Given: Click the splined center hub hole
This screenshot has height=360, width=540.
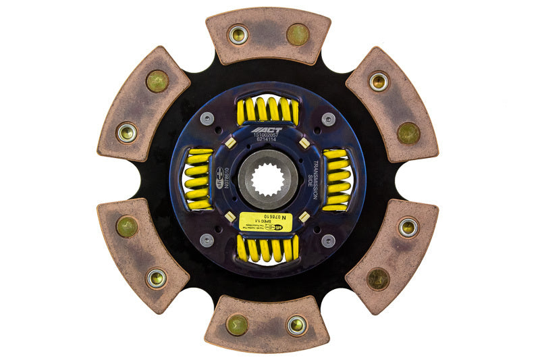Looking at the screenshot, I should [x=268, y=180].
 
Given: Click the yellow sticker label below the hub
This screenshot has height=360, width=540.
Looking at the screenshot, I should [x=266, y=222].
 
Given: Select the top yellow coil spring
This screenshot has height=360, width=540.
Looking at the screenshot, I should [x=268, y=109].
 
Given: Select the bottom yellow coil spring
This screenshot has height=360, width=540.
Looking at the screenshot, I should [x=268, y=250].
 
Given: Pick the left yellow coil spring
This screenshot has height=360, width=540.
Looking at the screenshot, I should [x=198, y=180].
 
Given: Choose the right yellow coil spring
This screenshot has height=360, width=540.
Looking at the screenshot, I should [x=337, y=180].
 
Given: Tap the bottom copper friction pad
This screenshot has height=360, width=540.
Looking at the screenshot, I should [x=267, y=324].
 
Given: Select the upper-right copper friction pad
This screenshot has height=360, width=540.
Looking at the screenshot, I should [x=391, y=105].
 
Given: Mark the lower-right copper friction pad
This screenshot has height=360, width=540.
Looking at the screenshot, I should [x=391, y=255].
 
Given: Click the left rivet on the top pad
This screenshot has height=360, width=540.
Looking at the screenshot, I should [x=238, y=35].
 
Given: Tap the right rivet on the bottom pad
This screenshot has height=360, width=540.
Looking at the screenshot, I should [x=297, y=325].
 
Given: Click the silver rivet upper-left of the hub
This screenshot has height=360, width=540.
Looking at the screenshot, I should [x=208, y=120].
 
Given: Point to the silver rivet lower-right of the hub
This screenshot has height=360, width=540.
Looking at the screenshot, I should [x=328, y=240].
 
